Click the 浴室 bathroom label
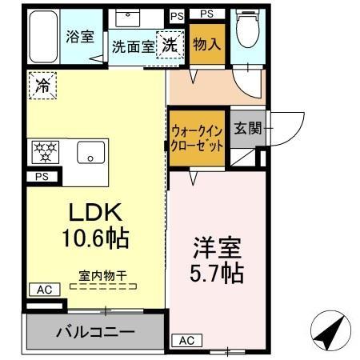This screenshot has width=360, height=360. tap(79, 36)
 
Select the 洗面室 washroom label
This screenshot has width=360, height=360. tap(133, 46)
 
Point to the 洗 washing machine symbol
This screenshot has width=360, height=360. tap(170, 45)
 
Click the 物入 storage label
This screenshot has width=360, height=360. tap(206, 45)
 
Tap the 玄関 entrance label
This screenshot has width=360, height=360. tap(246, 128)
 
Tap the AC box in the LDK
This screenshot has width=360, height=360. tap(45, 289)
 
